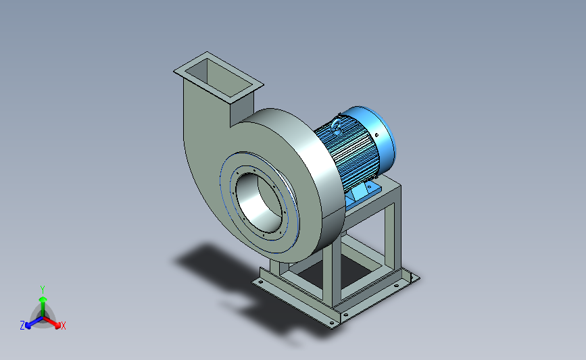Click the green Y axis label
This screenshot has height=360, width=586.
tap(43, 290)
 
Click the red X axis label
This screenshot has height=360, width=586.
tap(63, 326)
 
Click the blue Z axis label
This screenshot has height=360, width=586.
tap(22, 326)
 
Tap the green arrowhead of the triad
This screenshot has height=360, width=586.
tap(43, 299)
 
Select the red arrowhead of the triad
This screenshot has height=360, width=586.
tap(57, 325)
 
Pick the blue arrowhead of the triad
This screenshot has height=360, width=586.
tap(28, 326)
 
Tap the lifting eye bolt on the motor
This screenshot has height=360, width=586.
tap(337, 126)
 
